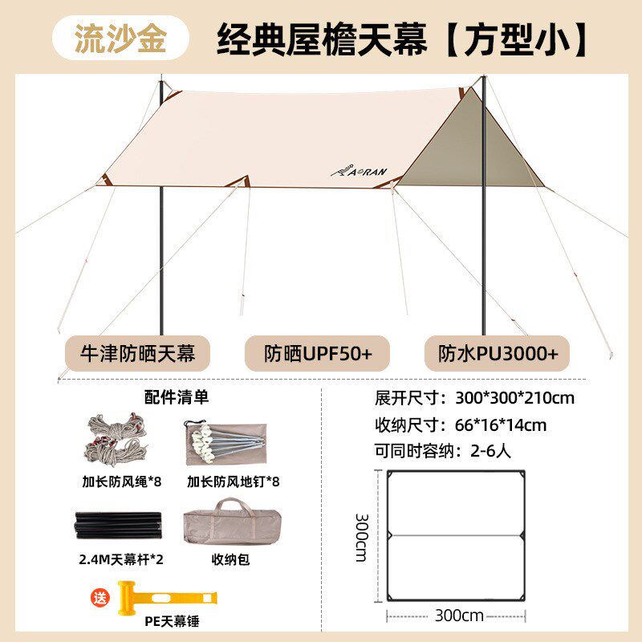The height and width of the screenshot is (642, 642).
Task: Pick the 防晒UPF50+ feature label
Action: [318, 353]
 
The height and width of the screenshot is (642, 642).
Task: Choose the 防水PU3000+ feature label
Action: [503, 353]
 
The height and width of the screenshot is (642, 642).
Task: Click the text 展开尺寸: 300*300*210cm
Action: [474, 397]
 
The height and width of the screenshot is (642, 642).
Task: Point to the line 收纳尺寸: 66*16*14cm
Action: [461, 425]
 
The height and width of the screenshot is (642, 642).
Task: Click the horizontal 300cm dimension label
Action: [460, 616]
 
